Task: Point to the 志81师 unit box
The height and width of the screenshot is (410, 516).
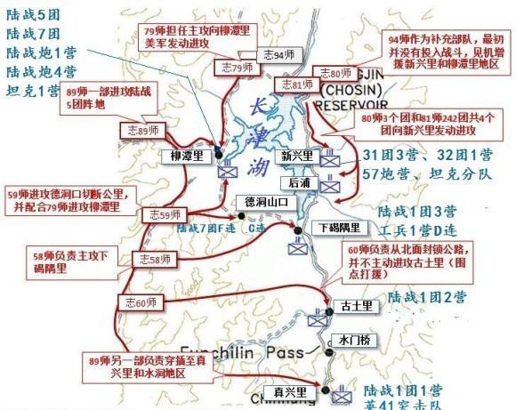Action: coord(295,84)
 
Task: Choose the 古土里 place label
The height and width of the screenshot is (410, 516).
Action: coord(353,307)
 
